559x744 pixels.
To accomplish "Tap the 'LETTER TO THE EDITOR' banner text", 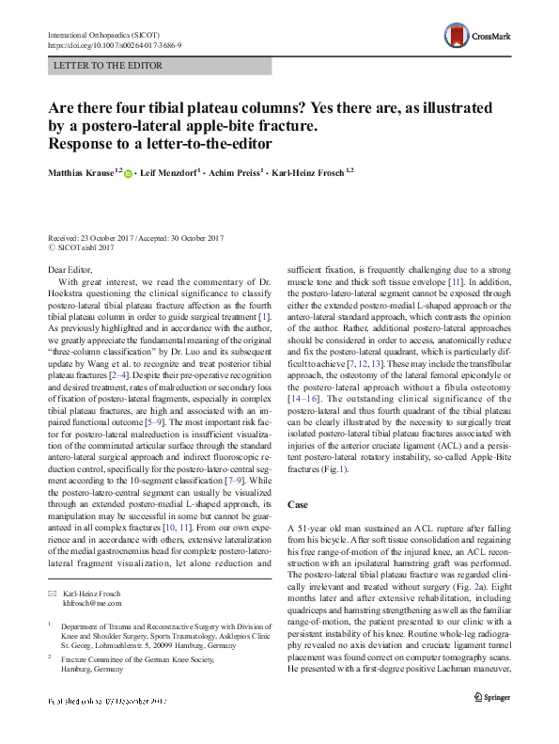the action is [x=110, y=66].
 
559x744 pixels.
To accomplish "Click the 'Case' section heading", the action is [x=299, y=504].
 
